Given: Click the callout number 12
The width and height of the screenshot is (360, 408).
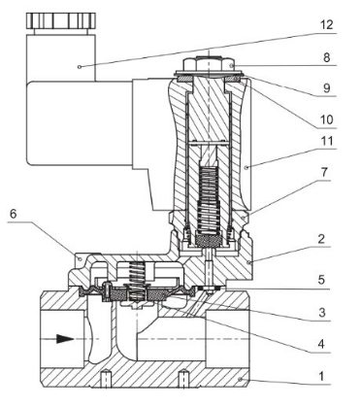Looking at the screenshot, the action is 327,24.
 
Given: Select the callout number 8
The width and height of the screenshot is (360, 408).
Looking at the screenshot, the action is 326,57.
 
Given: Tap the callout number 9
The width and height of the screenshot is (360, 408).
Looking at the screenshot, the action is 327,88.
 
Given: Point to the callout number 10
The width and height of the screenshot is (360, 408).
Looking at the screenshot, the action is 327,119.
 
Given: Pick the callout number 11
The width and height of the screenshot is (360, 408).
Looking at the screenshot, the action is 327,141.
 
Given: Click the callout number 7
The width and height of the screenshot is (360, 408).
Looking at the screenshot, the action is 324,173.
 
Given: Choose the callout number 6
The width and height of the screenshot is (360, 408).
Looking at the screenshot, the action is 13,214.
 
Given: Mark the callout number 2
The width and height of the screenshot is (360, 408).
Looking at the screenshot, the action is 321,239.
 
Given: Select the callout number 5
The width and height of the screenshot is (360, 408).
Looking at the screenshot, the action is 321,280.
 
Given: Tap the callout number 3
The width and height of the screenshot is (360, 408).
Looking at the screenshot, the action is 321,313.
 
